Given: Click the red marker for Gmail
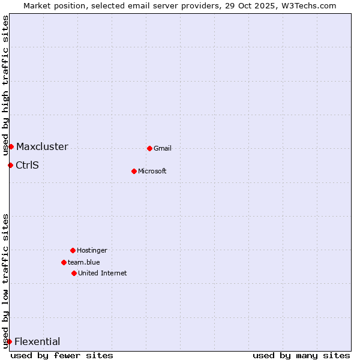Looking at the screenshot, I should (149, 148).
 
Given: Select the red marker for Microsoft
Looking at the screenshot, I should (134, 171).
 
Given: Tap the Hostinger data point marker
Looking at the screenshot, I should (73, 250).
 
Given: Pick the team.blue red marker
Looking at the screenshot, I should (64, 262).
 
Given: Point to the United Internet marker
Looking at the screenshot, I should (74, 273).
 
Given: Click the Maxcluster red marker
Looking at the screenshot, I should (11, 146).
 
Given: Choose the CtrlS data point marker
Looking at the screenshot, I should (10, 165).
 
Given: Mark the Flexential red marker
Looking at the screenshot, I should (9, 341).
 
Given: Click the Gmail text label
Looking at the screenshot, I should (163, 148).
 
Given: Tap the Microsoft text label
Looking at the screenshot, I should (152, 171).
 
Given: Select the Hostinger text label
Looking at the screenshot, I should (92, 250).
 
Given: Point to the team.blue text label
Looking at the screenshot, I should (84, 262).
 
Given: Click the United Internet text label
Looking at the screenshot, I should (103, 273).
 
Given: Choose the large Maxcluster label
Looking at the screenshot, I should (42, 146).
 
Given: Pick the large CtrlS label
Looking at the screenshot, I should (27, 165).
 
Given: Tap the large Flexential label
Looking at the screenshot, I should (37, 341).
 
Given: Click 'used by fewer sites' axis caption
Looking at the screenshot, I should (62, 355).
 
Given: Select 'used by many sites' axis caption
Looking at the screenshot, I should (301, 355).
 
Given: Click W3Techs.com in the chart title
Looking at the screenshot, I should (306, 5).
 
